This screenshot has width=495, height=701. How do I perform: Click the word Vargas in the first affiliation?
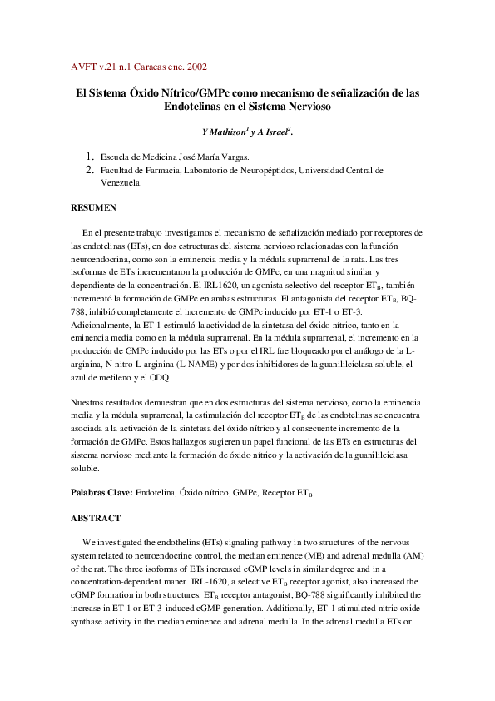point(232,157)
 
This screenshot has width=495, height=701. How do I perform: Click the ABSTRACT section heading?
point(96,517)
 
